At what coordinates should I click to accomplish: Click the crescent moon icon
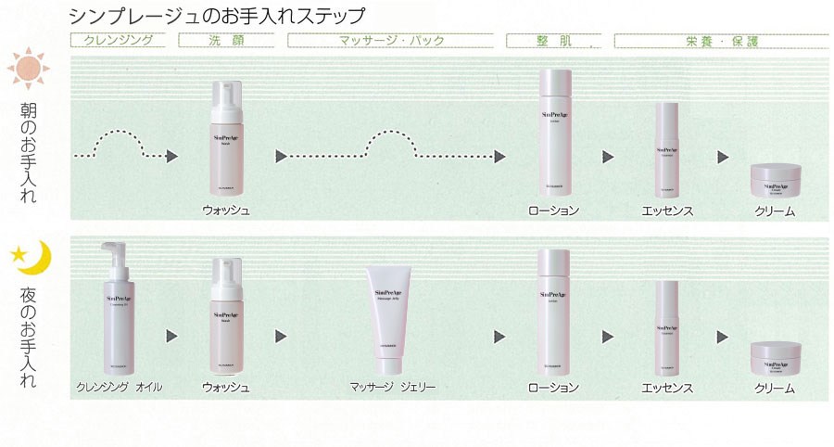(33, 259)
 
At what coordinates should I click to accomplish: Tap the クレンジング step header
(118, 40)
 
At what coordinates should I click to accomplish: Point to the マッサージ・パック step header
(392, 40)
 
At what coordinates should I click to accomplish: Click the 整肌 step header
(553, 40)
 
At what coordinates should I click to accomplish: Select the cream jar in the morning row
(775, 180)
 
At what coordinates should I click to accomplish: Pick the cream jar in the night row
(775, 359)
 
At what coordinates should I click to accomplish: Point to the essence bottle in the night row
(668, 326)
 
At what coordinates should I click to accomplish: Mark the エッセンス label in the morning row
(667, 211)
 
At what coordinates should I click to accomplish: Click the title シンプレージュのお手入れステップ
(216, 16)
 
